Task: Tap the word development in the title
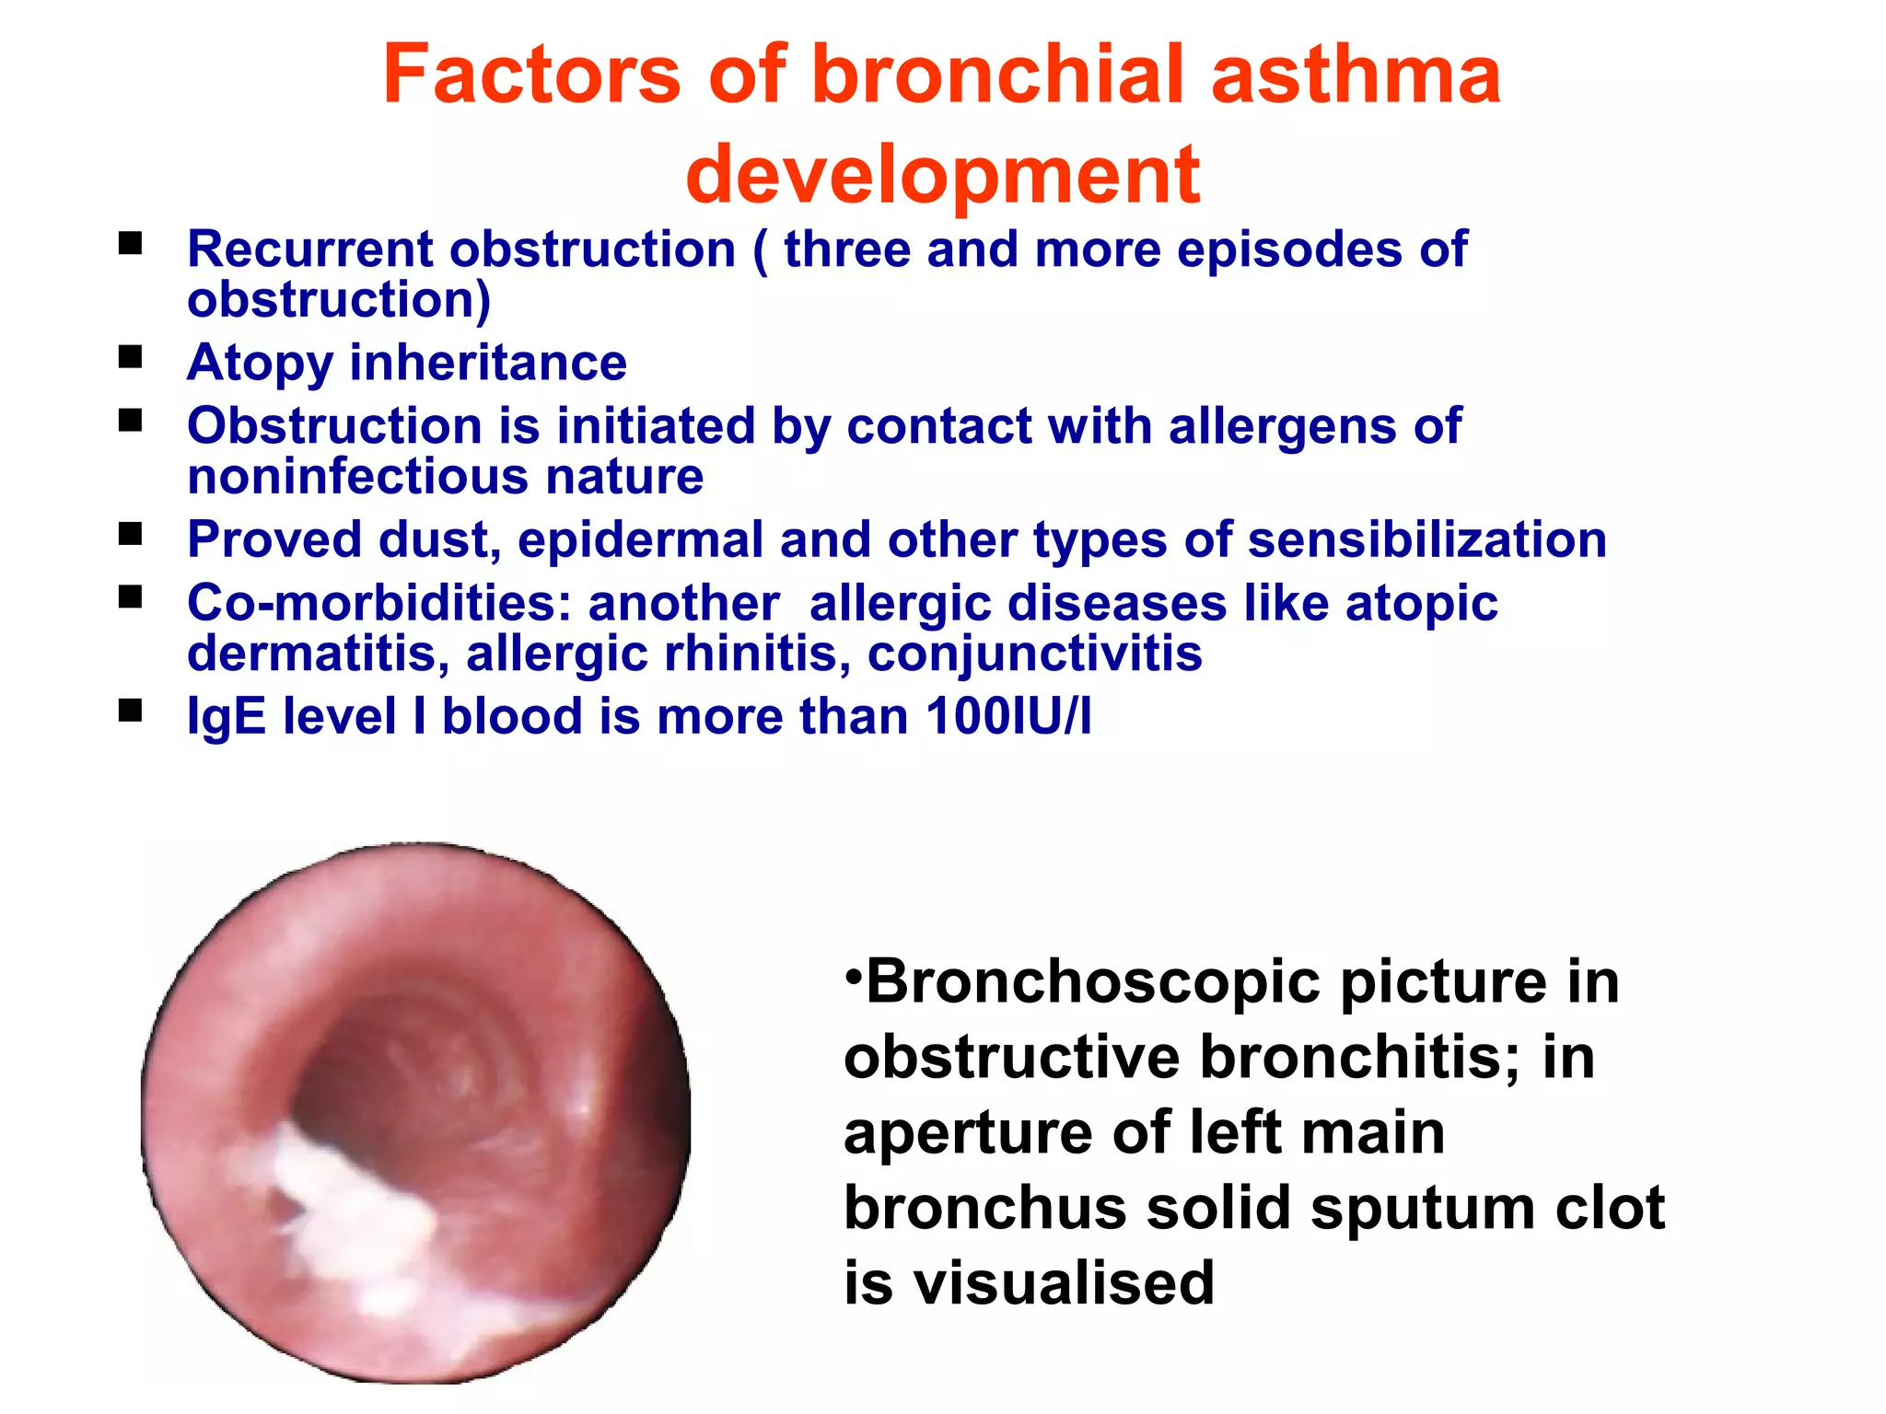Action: (942, 175)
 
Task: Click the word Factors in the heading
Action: (531, 75)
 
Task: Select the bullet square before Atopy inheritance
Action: (131, 356)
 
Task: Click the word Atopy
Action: (260, 363)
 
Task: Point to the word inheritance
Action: (488, 363)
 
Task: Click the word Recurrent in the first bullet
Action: (310, 249)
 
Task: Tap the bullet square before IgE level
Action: (131, 710)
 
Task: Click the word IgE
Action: (227, 717)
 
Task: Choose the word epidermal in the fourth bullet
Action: (641, 540)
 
